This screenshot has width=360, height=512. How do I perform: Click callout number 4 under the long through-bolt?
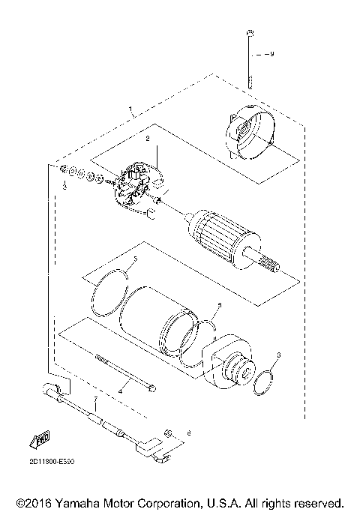120,391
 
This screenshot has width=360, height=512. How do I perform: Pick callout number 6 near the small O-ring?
278,355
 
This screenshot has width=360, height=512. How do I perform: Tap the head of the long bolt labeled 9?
251,34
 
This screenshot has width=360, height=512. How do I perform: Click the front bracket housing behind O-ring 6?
231,365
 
